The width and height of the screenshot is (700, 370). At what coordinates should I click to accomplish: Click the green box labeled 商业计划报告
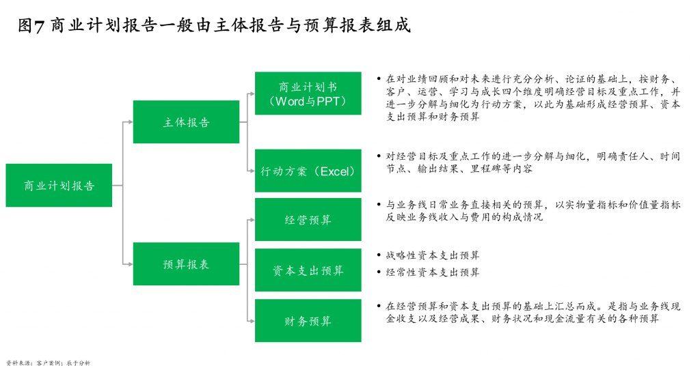coord(59,185)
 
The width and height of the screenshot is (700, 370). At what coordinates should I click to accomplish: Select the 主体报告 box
coord(186,122)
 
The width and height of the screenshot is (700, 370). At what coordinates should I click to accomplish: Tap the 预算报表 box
coord(186,264)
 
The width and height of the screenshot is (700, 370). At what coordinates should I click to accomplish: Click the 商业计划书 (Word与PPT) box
coord(308,94)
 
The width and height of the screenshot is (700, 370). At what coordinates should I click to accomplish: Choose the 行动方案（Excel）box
coord(308,171)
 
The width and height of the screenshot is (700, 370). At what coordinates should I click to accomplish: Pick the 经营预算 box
coord(308,220)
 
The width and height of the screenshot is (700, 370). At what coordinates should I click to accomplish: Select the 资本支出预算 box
coord(308,270)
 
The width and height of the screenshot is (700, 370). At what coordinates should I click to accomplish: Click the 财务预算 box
coord(308,321)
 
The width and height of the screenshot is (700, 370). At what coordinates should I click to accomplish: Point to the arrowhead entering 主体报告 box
coord(130,122)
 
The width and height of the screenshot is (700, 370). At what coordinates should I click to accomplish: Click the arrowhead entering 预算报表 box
coord(130,264)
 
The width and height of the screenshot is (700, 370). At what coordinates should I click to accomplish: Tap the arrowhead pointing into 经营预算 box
coord(252,220)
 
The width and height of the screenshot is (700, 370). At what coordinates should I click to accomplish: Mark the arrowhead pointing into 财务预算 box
coord(252,321)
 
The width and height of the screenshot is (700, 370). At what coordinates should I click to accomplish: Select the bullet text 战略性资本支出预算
coord(433,255)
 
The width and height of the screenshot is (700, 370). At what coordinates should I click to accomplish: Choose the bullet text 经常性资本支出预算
coord(433,272)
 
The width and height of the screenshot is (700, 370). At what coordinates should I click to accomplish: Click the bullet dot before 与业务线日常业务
coord(379,204)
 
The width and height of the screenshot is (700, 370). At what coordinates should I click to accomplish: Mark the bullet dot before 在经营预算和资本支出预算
coord(379,306)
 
